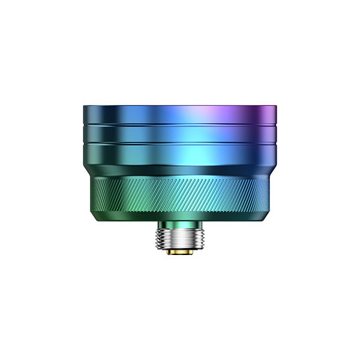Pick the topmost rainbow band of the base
click(180, 115)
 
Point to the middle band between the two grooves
click(180, 133)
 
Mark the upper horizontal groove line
click(180, 124)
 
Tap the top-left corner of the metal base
click(83, 107)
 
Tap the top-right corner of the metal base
click(277, 107)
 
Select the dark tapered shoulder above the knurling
click(180, 170)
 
